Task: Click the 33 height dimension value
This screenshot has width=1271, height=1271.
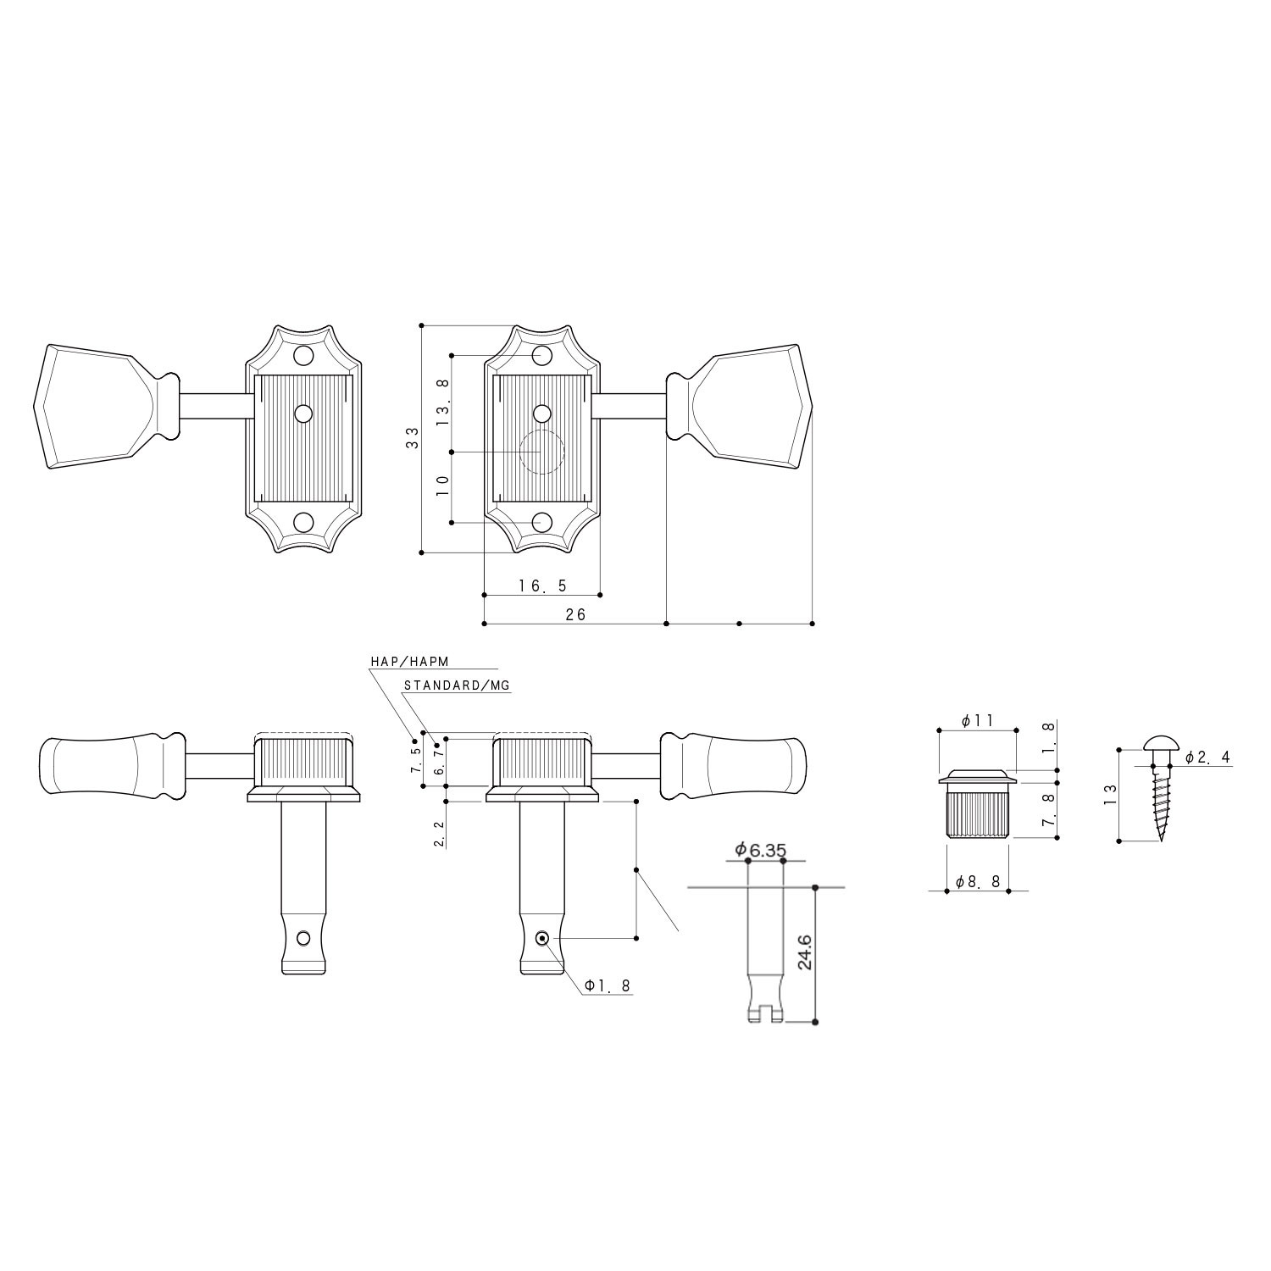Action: tap(413, 438)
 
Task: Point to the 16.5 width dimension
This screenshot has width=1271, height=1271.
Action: tap(542, 586)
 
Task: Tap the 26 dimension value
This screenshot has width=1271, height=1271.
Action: tap(575, 615)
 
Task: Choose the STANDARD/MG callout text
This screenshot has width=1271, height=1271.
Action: tap(457, 685)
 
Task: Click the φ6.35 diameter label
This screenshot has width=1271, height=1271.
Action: tap(762, 849)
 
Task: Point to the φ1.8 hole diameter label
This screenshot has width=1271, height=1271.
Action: tap(607, 985)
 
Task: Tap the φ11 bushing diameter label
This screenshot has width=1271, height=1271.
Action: tap(978, 720)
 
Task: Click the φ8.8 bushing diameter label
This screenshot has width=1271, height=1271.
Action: tap(978, 882)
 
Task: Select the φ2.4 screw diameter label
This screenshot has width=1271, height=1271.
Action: tap(1207, 758)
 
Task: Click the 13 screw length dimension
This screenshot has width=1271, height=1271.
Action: tap(1111, 795)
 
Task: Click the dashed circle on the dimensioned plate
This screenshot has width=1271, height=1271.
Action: tap(541, 452)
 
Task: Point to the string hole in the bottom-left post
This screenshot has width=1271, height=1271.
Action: tap(302, 937)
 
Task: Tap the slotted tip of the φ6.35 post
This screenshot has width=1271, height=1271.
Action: tap(765, 1013)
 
